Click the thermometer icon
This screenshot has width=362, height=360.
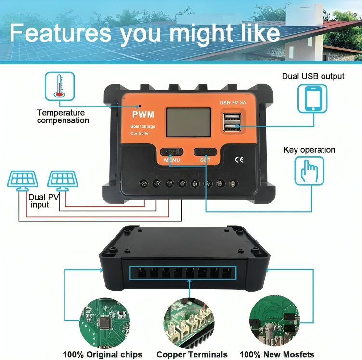click(x=60, y=86)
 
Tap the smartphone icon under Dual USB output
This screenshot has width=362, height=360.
click(x=312, y=99)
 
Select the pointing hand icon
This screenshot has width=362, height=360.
click(x=310, y=171)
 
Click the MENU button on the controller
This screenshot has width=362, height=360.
click(x=171, y=152)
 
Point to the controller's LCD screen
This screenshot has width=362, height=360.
click(x=188, y=122)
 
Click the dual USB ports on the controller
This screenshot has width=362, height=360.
click(x=232, y=122)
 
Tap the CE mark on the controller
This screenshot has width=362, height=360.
click(x=239, y=160)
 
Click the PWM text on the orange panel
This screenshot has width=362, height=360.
click(x=143, y=114)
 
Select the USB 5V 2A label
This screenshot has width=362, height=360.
click(x=233, y=103)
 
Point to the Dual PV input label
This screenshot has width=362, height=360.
click(x=43, y=201)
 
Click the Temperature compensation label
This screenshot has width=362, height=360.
click(x=63, y=117)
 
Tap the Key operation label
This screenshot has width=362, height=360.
click(x=310, y=150)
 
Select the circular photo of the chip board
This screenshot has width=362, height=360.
click(x=105, y=323)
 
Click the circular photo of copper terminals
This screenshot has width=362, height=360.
click(x=189, y=323)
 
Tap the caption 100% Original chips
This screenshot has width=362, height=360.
click(x=103, y=354)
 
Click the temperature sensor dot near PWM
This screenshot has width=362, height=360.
click(x=140, y=106)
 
